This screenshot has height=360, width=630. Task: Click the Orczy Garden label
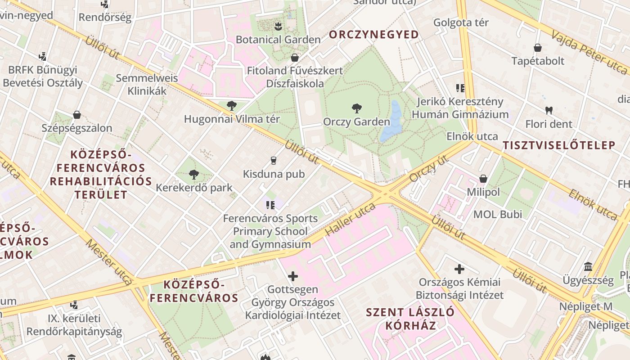coord(356,122)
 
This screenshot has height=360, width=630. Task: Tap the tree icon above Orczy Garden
coord(356,108)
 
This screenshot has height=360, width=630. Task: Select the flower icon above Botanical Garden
coord(278,26)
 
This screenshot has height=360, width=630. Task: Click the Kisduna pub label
coord(274,174)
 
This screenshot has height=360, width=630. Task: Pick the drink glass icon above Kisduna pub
coord(273,160)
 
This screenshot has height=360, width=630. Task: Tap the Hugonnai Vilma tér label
coord(232,119)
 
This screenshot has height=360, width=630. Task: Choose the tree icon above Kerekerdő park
coord(194,174)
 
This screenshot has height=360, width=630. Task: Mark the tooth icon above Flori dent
coord(549,110)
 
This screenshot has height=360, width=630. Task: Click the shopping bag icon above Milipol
coord(483,179)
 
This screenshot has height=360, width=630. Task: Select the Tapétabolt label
coord(537,61)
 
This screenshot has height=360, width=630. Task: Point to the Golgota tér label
coord(461,22)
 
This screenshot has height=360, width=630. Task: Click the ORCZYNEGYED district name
coord(374,35)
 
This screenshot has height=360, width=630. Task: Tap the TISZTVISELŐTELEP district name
coord(559,145)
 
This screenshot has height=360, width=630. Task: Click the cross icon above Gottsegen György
coord(293,276)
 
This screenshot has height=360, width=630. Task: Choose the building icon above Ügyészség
coord(588,266)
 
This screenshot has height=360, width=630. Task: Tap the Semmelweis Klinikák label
coord(147,84)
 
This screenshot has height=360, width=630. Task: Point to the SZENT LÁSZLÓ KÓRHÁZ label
coord(410,319)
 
